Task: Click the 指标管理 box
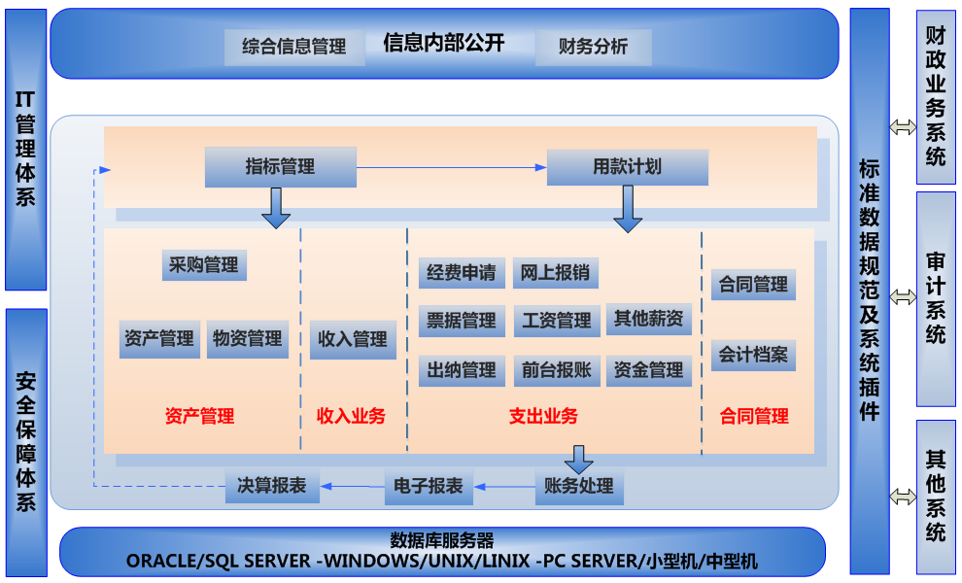click(280, 167)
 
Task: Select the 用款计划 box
click(627, 167)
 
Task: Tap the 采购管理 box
click(203, 265)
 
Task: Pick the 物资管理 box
click(248, 339)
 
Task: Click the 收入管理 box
click(353, 340)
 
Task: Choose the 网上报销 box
click(555, 273)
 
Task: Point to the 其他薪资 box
click(648, 319)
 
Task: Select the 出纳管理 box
click(462, 370)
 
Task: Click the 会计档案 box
click(753, 355)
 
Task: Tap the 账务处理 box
click(578, 487)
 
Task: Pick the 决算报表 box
click(272, 487)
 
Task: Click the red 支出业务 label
click(543, 417)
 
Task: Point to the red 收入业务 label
click(352, 417)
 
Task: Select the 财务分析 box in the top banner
click(593, 47)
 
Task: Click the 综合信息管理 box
click(294, 47)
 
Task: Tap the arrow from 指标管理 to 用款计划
click(452, 168)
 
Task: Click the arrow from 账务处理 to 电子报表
click(504, 487)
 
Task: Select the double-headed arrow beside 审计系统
click(903, 298)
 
